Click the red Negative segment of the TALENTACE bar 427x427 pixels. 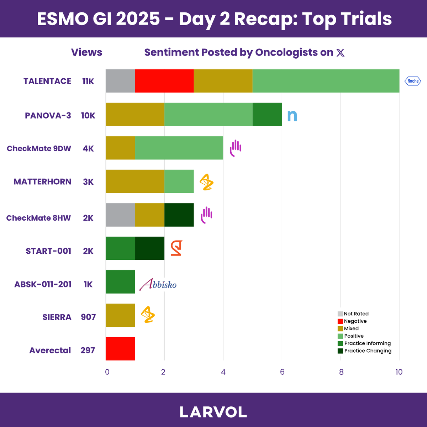point(164,81)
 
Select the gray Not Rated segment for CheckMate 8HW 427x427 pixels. point(120,215)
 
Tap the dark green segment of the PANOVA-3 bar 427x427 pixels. point(267,115)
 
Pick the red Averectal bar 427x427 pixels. point(120,349)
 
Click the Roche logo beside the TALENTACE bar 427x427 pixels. point(413,81)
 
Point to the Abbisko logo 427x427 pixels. point(158,284)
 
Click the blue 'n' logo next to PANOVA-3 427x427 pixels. point(292,115)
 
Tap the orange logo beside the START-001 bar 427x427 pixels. point(176,248)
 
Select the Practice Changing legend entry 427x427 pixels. point(364,351)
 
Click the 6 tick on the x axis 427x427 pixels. point(282,372)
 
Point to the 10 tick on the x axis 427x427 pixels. point(399,372)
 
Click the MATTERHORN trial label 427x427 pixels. point(42,182)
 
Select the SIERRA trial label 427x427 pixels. point(57,317)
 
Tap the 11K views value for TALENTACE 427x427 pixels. point(88,81)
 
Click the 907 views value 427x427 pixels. point(88,317)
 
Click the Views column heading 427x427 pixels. point(86,52)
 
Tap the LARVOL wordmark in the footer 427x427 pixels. point(213,412)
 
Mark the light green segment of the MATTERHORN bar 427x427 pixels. point(179,181)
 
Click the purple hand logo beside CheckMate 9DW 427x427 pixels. point(235,148)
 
